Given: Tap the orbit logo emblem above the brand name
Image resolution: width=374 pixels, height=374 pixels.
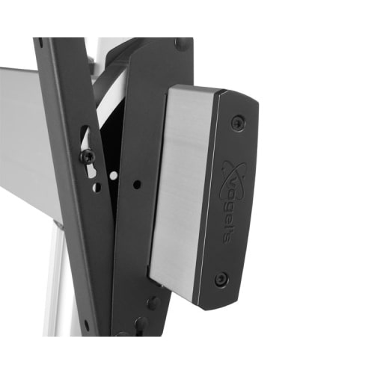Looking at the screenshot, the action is (234, 174).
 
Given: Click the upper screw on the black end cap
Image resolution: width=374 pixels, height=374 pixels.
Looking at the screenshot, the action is (238, 122).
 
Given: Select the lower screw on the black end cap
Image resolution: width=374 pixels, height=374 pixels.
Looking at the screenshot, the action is (221, 278).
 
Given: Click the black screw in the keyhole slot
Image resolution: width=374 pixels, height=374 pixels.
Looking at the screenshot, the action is (87, 157).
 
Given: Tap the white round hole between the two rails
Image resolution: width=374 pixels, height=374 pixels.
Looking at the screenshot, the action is (114, 176).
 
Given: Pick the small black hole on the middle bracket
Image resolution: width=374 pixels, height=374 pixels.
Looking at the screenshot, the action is (137, 185).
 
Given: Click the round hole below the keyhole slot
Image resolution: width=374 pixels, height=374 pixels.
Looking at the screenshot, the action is (96, 187).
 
